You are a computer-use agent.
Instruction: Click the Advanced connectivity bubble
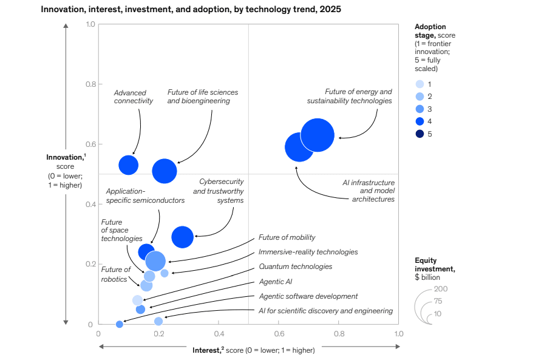128,165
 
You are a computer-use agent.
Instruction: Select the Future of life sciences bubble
165,171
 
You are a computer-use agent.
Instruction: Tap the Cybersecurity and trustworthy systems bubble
183,237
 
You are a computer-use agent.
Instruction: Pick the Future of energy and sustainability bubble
318,135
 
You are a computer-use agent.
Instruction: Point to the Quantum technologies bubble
137,300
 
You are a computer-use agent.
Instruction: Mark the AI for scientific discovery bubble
158,321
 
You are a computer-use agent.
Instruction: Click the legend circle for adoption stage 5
420,134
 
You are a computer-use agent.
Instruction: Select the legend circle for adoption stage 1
420,84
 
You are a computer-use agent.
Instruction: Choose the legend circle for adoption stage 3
420,109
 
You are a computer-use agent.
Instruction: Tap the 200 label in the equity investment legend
441,288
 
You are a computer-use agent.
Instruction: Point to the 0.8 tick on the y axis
90,84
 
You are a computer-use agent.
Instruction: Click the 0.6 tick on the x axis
279,334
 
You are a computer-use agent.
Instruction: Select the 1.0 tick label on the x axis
399,334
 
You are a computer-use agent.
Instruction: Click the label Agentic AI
275,282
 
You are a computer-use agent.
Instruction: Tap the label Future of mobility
287,237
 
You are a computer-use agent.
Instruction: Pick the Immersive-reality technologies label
308,252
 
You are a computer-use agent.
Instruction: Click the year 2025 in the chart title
330,9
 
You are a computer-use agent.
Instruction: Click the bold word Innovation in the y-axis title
65,157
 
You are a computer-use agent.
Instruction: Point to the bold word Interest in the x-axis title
206,350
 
